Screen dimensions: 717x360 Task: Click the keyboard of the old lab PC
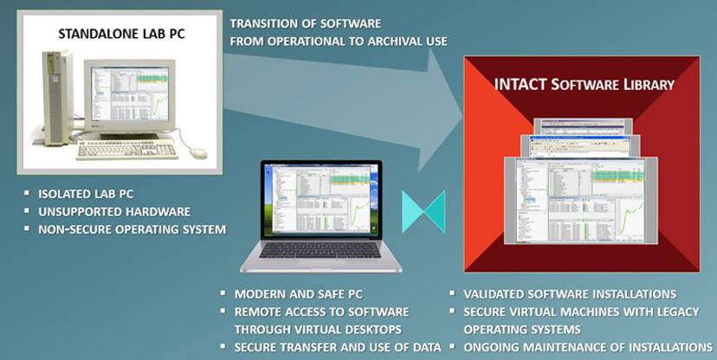click(128, 150)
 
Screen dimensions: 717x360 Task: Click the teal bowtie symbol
click(423, 211)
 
